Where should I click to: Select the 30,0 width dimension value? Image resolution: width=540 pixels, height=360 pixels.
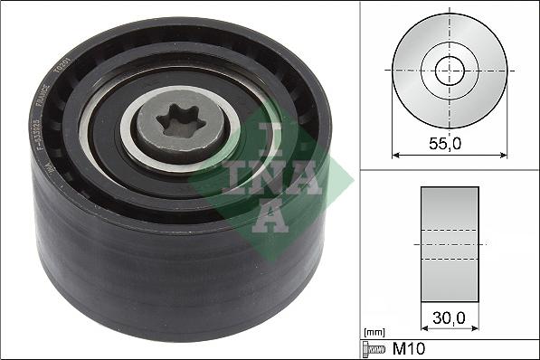click(450, 318)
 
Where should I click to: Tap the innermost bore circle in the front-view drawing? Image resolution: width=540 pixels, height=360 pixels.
click(450, 70)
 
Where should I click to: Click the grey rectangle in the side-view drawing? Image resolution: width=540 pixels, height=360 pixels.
click(450, 244)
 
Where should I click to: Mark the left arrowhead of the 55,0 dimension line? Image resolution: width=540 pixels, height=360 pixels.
click(395, 155)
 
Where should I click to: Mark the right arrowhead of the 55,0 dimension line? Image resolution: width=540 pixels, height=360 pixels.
click(504, 155)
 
